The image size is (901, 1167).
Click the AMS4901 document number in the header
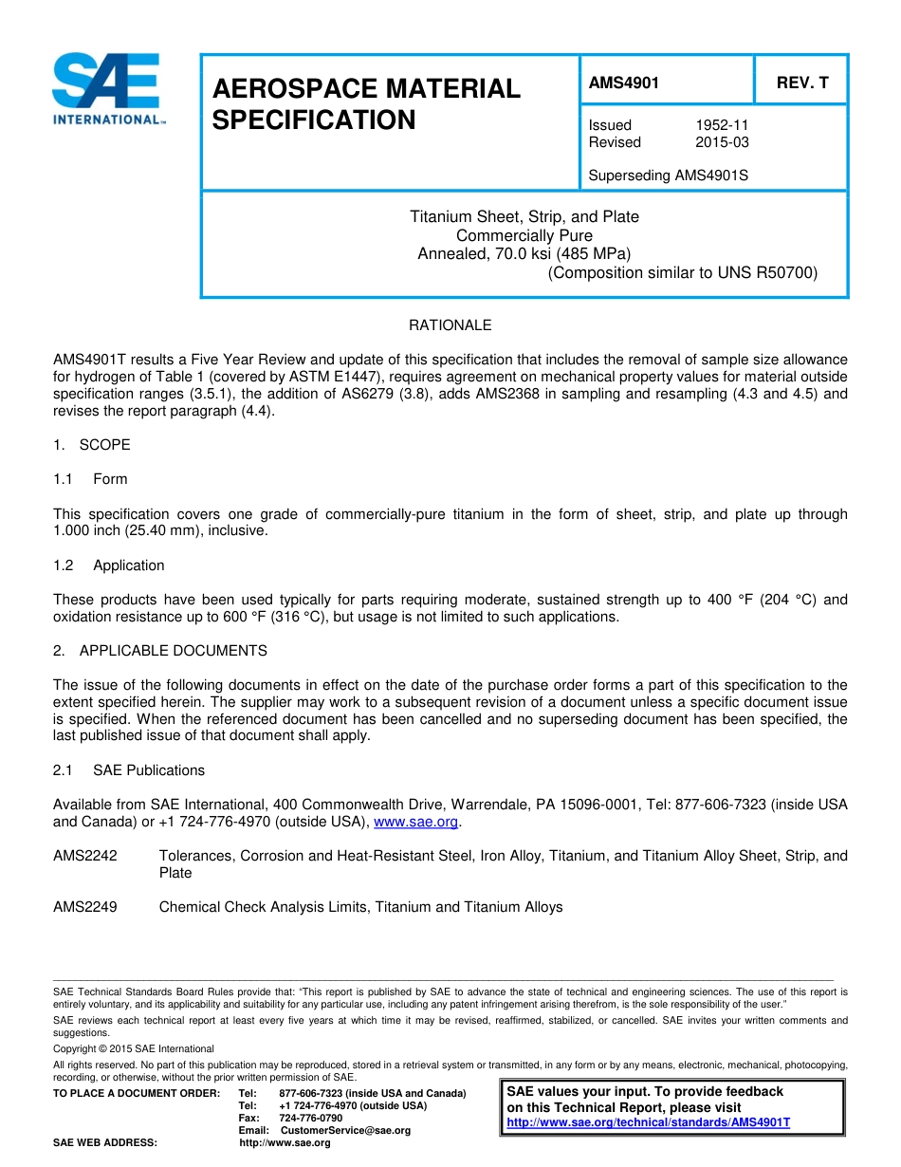pyautogui.click(x=623, y=83)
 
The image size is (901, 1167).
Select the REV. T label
pyautogui.click(x=801, y=83)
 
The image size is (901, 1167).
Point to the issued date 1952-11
pyautogui.click(x=721, y=125)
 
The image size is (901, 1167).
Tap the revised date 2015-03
pyautogui.click(x=721, y=142)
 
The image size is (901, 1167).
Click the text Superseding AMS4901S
pyautogui.click(x=668, y=176)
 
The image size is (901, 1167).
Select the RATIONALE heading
pyautogui.click(x=450, y=325)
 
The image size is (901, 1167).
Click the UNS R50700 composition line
pyautogui.click(x=682, y=273)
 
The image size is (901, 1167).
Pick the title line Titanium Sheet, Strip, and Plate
pyautogui.click(x=524, y=216)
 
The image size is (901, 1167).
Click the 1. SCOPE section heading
pyautogui.click(x=92, y=445)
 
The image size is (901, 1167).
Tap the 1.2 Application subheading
pyautogui.click(x=109, y=565)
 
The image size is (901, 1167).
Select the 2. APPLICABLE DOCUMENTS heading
pyautogui.click(x=160, y=651)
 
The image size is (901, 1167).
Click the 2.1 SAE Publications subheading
pyautogui.click(x=129, y=770)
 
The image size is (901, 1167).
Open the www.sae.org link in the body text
pyautogui.click(x=416, y=822)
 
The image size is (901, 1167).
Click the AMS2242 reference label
pyautogui.click(x=85, y=856)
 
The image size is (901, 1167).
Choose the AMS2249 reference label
pyautogui.click(x=85, y=907)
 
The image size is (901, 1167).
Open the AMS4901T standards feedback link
pyautogui.click(x=648, y=1121)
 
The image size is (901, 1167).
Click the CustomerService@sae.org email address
pyautogui.click(x=345, y=1130)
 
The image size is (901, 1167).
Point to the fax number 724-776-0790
pyautogui.click(x=310, y=1118)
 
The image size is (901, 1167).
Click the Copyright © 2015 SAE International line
pyautogui.click(x=134, y=1048)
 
